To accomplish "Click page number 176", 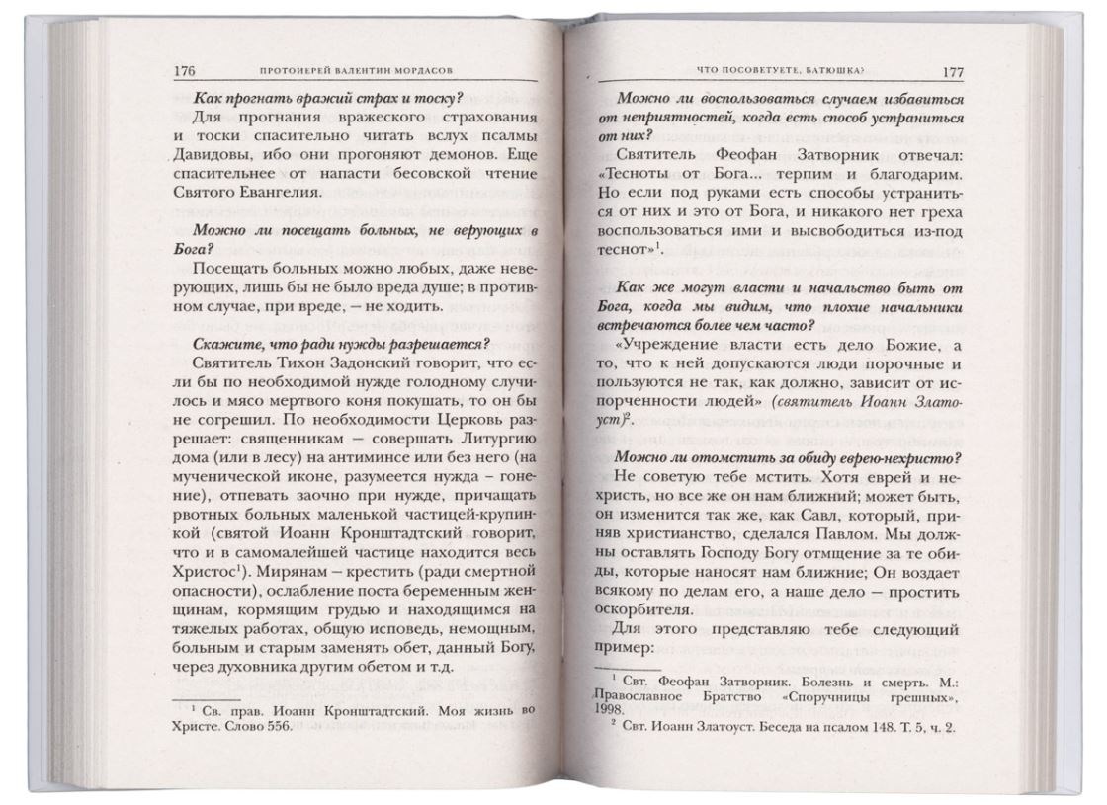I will [x=185, y=70].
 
